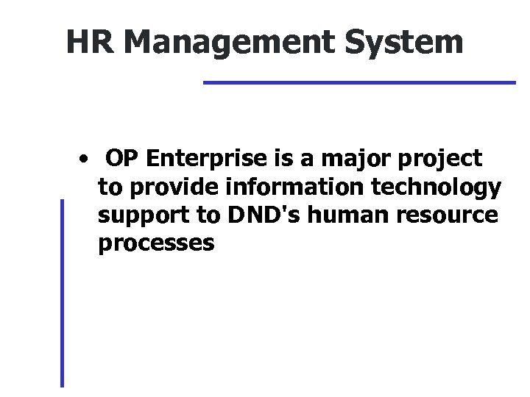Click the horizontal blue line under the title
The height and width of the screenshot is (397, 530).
click(x=359, y=82)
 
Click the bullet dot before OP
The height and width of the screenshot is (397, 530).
click(x=87, y=159)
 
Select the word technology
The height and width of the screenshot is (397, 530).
click(x=430, y=189)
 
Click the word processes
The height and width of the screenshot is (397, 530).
click(x=155, y=245)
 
